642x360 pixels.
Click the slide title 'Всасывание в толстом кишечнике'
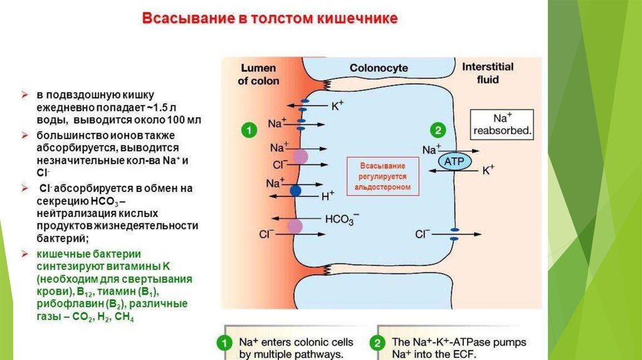tap(270, 18)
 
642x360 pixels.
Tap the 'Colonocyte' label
tap(379, 68)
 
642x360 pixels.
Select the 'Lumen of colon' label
tap(259, 74)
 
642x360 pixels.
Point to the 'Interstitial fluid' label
tap(487, 73)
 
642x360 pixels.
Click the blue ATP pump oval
tap(453, 162)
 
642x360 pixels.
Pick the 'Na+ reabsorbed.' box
tap(503, 125)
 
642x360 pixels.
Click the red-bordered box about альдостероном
tap(382, 177)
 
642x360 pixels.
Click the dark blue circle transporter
tap(295, 189)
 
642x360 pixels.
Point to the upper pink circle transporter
tap(301, 156)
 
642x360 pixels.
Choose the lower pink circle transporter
tap(295, 226)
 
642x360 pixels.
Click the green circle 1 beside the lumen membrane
tap(249, 130)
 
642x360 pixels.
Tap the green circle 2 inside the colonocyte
tap(437, 130)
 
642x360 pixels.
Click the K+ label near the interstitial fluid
tap(488, 170)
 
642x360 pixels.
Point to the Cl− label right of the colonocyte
tap(423, 234)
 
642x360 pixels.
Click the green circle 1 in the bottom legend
tap(222, 343)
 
